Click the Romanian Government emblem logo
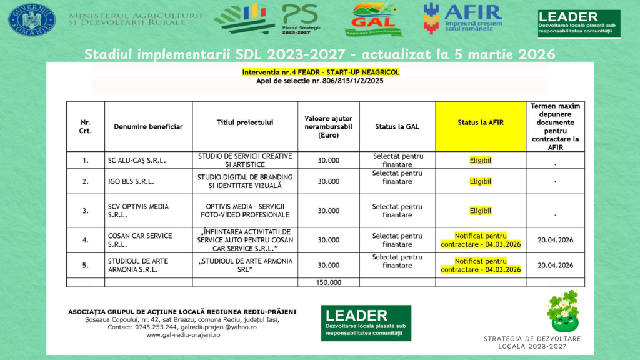click(x=32, y=19)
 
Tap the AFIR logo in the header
click(x=462, y=19)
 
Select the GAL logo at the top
click(x=374, y=19)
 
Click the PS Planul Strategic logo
click(x=300, y=19)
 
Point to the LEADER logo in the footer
click(x=366, y=322)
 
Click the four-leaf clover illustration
click(x=563, y=311)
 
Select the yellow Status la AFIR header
click(x=480, y=122)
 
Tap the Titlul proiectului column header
click(x=245, y=122)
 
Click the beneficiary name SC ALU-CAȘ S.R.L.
click(x=137, y=161)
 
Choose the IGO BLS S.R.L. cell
click(x=131, y=182)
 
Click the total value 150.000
click(x=329, y=282)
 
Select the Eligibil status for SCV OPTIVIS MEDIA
click(x=481, y=211)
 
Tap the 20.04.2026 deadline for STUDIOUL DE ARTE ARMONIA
click(x=555, y=266)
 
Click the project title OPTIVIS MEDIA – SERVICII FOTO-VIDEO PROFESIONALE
click(x=245, y=211)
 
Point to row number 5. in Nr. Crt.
click(x=86, y=266)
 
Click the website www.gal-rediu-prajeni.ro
click(x=183, y=335)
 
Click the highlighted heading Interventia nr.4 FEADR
click(x=321, y=72)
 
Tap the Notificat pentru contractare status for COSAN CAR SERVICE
click(x=481, y=240)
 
